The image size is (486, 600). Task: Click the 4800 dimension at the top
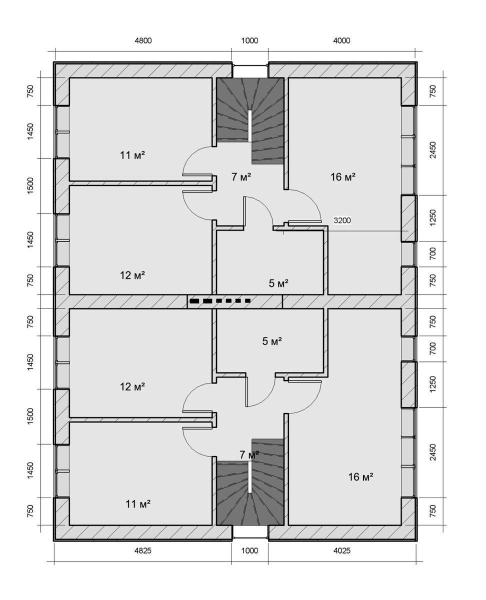coord(143,41)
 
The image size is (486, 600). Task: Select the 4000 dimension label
coord(341,41)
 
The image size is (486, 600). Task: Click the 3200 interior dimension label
coord(342,220)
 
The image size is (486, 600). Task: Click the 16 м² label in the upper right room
coord(343,177)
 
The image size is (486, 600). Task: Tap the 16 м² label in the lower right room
coord(360,477)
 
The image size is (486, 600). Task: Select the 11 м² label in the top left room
coord(132,155)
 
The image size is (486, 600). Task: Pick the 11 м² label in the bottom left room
coord(138,504)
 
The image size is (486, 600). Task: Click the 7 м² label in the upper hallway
coord(241,177)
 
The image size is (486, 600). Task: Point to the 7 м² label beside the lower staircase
coord(249,454)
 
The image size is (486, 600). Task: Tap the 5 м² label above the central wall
coord(278,283)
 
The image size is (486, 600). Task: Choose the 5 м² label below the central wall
coord(272,341)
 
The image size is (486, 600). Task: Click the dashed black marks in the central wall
coord(220,301)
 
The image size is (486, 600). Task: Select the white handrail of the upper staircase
coord(250,125)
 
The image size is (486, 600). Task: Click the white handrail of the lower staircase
coord(250,477)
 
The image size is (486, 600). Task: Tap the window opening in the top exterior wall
coord(250,69)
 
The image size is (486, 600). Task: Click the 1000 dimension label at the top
coord(249,41)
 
